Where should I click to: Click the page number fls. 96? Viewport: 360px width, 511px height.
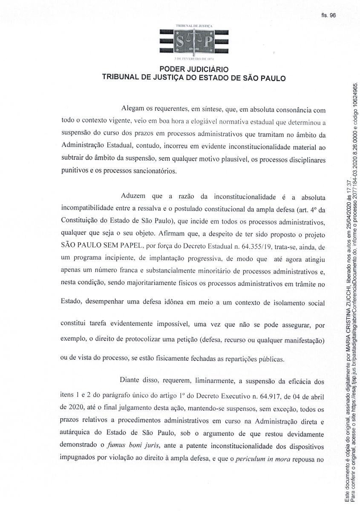click(x=329, y=15)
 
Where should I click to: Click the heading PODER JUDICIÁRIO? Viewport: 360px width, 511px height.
click(x=194, y=69)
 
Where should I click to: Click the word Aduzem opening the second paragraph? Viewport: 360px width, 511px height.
click(x=135, y=197)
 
